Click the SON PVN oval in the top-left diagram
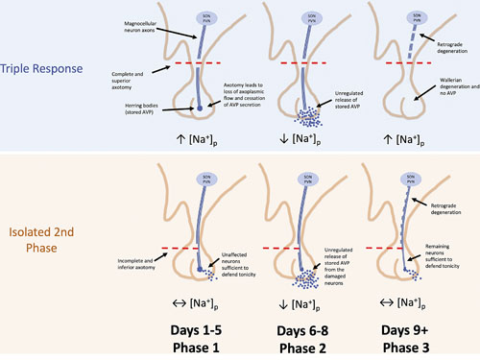[203, 16]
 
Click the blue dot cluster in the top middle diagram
[309, 118]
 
